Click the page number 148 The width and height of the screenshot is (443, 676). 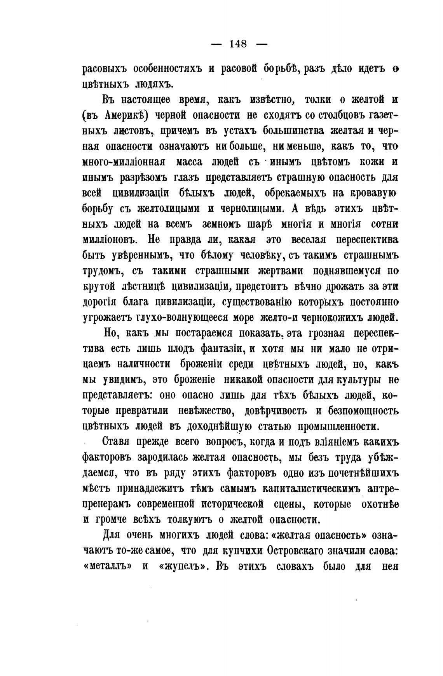click(x=238, y=44)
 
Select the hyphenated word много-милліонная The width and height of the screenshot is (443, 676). click(x=124, y=162)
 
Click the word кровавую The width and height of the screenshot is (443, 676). click(x=373, y=193)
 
